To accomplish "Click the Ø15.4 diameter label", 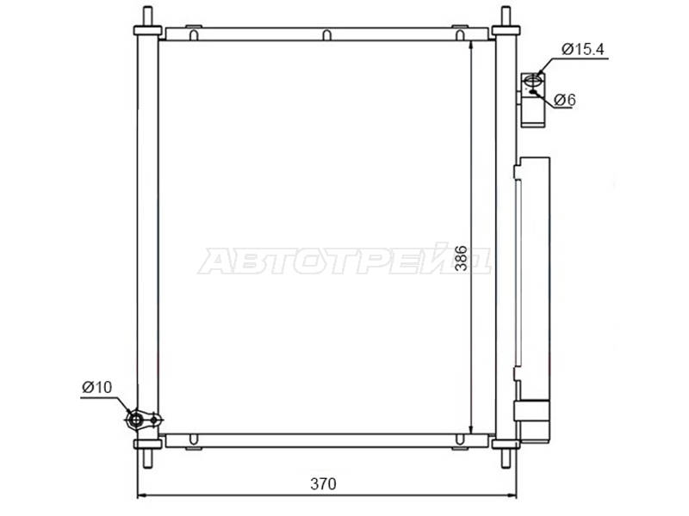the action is coord(583,49).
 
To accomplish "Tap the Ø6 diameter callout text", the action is coord(565,100).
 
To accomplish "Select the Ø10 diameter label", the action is coord(96,388).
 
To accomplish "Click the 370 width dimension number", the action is coord(323,484).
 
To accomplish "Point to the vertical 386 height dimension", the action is coord(461,258).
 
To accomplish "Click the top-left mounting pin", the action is coord(147,16).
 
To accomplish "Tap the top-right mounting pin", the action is coord(506,16).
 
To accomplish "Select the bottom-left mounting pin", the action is coord(147,458).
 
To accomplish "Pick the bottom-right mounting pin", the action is coord(506,458).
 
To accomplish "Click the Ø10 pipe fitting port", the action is coord(136,420).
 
